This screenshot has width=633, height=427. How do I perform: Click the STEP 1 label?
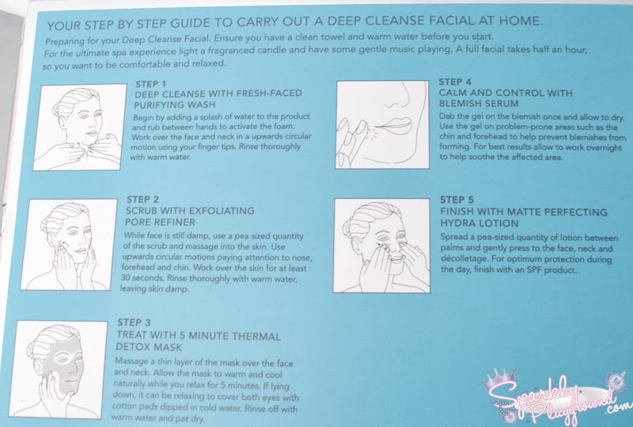click(x=150, y=84)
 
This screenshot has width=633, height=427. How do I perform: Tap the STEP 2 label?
click(x=142, y=200)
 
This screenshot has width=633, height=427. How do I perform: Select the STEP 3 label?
click(x=134, y=322)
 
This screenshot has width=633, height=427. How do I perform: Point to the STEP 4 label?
click(x=455, y=82)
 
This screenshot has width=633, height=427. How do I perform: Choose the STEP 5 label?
click(x=457, y=200)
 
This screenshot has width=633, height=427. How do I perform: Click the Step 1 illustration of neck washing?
click(x=80, y=127)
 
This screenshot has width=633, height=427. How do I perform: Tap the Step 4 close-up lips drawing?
click(x=382, y=124)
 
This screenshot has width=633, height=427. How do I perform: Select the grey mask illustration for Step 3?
click(x=58, y=369)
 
